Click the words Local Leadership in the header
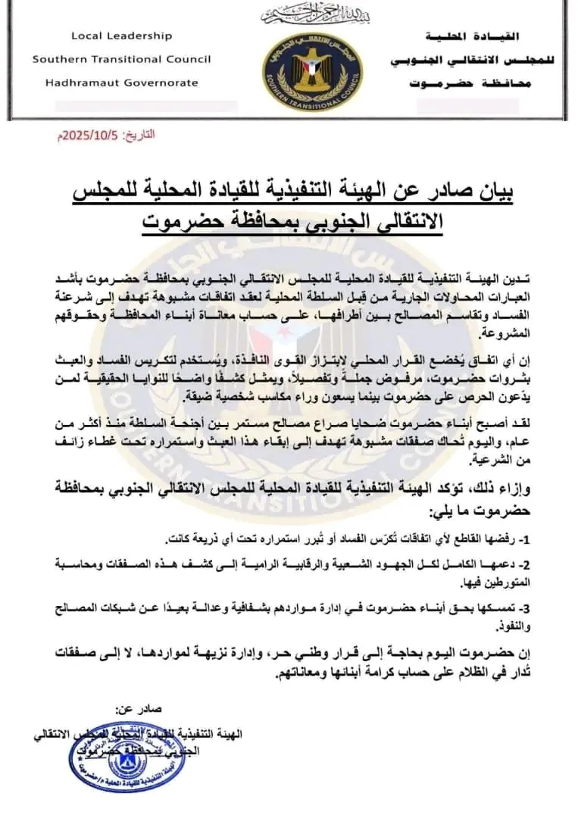click(121, 36)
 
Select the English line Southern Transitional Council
click(121, 59)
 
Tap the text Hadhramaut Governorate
click(115, 83)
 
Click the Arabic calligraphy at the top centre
click(302, 14)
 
